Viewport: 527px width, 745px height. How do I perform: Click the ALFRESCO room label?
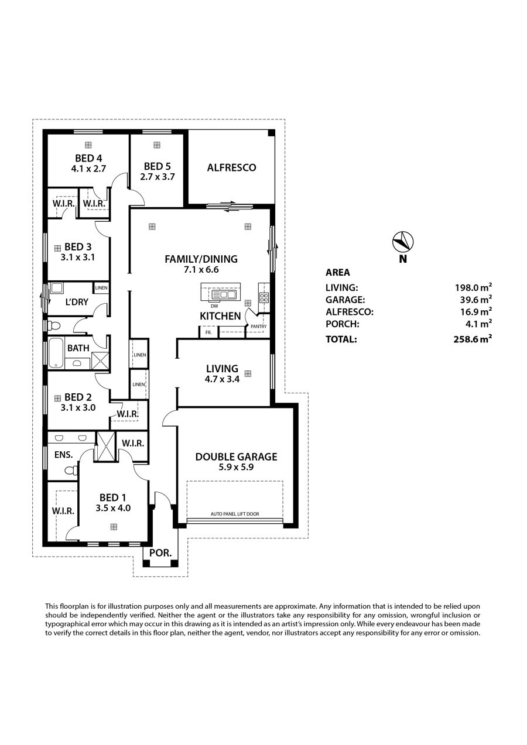[x=231, y=167]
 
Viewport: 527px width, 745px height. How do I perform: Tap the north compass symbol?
[x=403, y=241]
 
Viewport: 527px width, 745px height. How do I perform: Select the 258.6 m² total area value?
[x=473, y=339]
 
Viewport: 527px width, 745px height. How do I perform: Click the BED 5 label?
[x=157, y=166]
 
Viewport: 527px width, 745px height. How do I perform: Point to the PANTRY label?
[x=258, y=327]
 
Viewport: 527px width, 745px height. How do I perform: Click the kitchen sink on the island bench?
[x=224, y=294]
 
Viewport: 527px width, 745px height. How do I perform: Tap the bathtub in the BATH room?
[x=56, y=353]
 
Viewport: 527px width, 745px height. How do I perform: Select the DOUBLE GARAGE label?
[x=236, y=456]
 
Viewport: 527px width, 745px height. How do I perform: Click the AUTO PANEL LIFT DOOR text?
[x=235, y=513]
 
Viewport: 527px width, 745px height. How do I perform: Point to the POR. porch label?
[x=160, y=553]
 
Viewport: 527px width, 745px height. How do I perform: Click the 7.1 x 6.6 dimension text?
[x=201, y=269]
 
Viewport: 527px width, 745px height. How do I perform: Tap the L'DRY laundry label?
[x=77, y=302]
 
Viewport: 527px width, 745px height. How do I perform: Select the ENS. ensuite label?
[x=64, y=454]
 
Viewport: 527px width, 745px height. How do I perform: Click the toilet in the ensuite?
[x=71, y=471]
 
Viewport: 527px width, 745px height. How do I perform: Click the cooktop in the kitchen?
[x=264, y=297]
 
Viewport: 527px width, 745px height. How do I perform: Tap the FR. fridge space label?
[x=208, y=332]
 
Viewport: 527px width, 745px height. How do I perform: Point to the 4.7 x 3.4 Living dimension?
[x=222, y=379]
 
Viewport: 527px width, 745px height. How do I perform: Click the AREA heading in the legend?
[x=338, y=272]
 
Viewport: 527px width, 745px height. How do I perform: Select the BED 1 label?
[x=113, y=497]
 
